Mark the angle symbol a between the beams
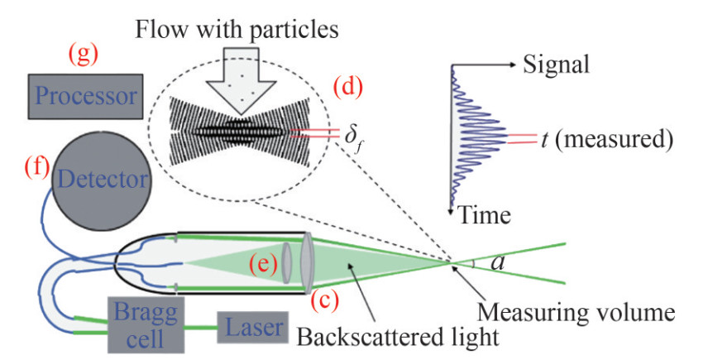coord(498,263)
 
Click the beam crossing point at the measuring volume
coord(453,262)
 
